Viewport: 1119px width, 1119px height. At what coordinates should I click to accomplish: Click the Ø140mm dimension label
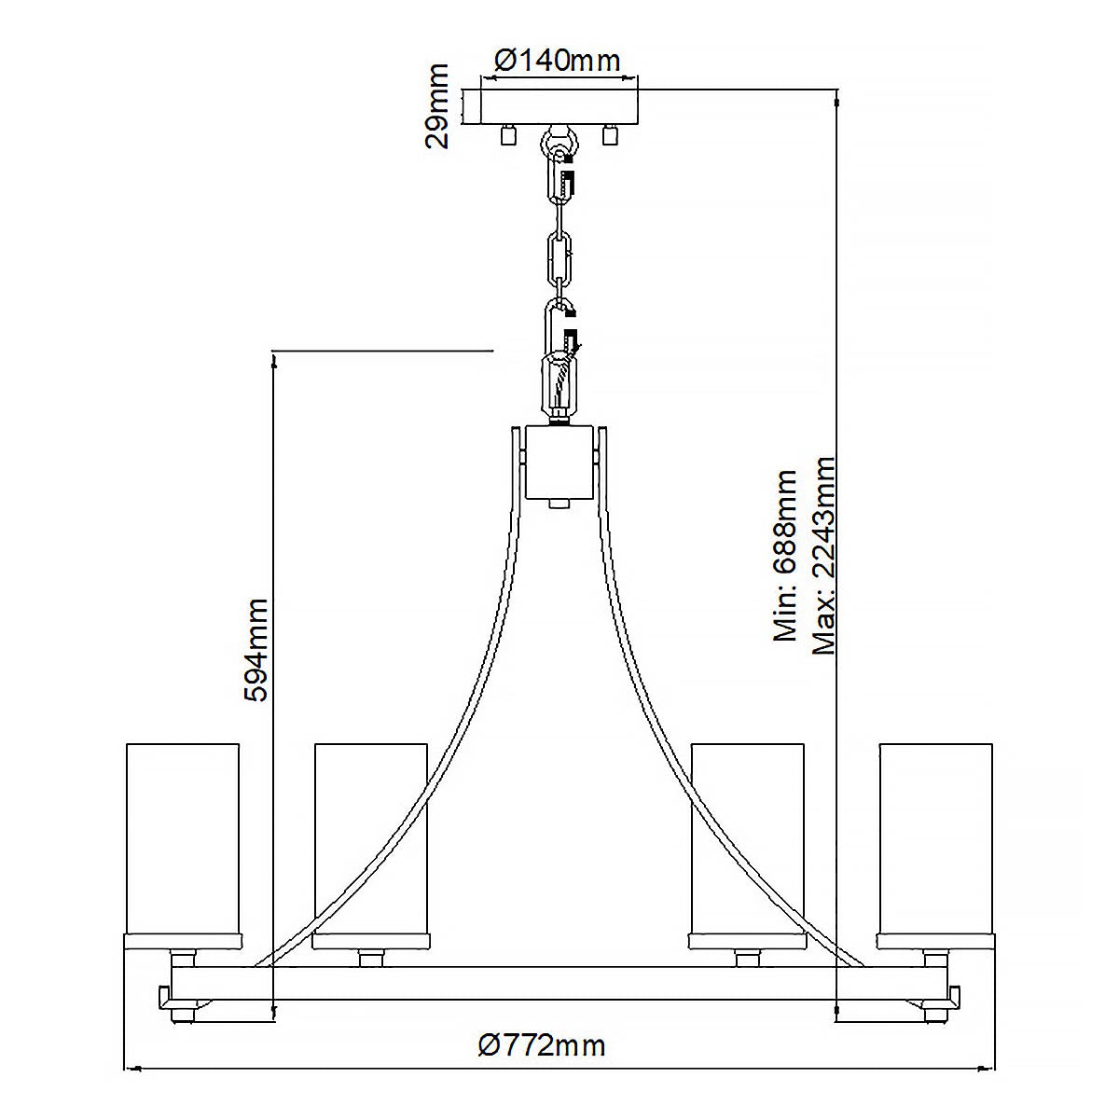557,61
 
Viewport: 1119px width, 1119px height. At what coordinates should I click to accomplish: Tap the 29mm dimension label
437,105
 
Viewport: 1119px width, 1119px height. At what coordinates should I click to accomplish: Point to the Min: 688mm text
786,556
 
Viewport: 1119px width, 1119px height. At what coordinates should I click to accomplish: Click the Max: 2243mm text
823,556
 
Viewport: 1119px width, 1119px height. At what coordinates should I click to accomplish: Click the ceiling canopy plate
559,106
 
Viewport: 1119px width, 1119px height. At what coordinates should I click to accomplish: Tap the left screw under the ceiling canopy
508,135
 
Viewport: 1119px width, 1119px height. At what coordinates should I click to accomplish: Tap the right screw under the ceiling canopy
611,135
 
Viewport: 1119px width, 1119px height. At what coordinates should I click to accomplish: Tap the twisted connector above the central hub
559,382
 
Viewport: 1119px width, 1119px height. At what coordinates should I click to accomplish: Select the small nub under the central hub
559,504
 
